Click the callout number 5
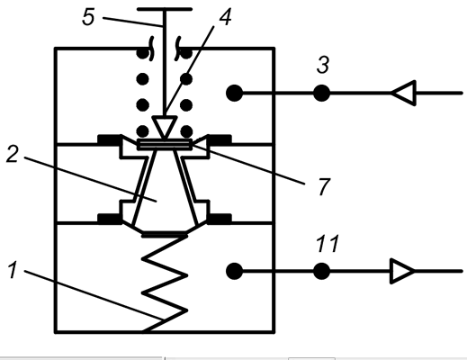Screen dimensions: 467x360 point(88,17)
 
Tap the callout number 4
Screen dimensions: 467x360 point(225,17)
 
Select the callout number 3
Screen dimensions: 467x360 point(323,64)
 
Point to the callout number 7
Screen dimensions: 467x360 point(323,186)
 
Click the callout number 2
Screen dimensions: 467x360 point(13,154)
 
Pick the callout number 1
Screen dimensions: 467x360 point(13,270)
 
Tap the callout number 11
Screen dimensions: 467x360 point(328,243)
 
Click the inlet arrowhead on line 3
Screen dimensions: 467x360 point(403,93)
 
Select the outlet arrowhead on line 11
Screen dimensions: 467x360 point(402,271)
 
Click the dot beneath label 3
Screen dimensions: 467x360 point(322,94)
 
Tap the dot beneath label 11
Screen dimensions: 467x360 point(322,271)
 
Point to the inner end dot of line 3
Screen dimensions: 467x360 point(234,93)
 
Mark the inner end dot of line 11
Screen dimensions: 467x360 point(234,271)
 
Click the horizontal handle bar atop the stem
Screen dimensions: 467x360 point(165,9)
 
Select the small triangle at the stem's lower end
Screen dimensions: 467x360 point(165,127)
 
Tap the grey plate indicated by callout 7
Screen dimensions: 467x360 point(165,144)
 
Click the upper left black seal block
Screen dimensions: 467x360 point(110,139)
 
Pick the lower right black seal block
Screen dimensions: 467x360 point(220,219)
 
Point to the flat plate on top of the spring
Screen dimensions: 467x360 point(165,234)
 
